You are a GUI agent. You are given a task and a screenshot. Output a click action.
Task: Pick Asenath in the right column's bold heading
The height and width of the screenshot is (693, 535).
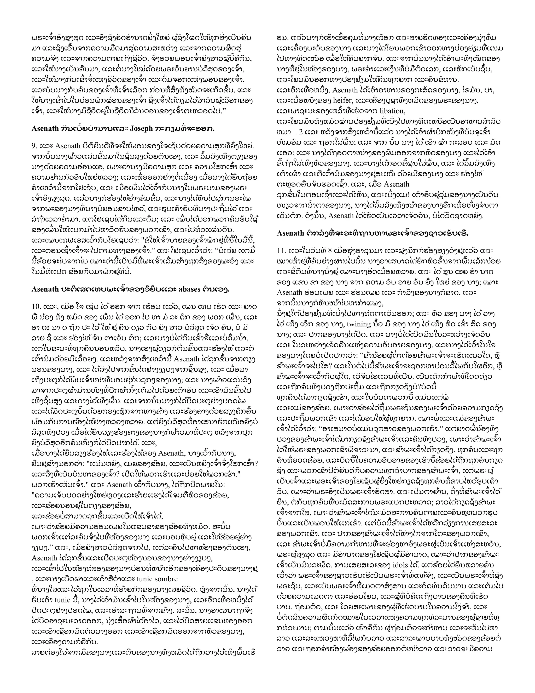tap(290, 233)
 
